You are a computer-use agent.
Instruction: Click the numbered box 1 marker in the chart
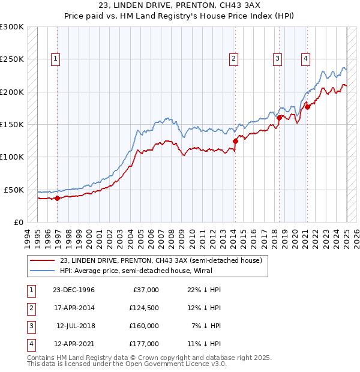pos(55,58)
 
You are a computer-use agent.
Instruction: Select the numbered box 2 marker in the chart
pos(233,58)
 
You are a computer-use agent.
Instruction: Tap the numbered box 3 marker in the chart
pos(278,58)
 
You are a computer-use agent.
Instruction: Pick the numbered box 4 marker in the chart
pos(305,58)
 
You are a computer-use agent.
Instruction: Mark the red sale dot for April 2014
pos(235,141)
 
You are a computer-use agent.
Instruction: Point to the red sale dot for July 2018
pos(280,118)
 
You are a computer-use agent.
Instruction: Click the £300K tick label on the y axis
pos(12,27)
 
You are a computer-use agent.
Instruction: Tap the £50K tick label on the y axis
pos(14,190)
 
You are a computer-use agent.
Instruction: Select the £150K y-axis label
pos(12,124)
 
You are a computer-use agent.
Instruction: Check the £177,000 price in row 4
pos(144,344)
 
